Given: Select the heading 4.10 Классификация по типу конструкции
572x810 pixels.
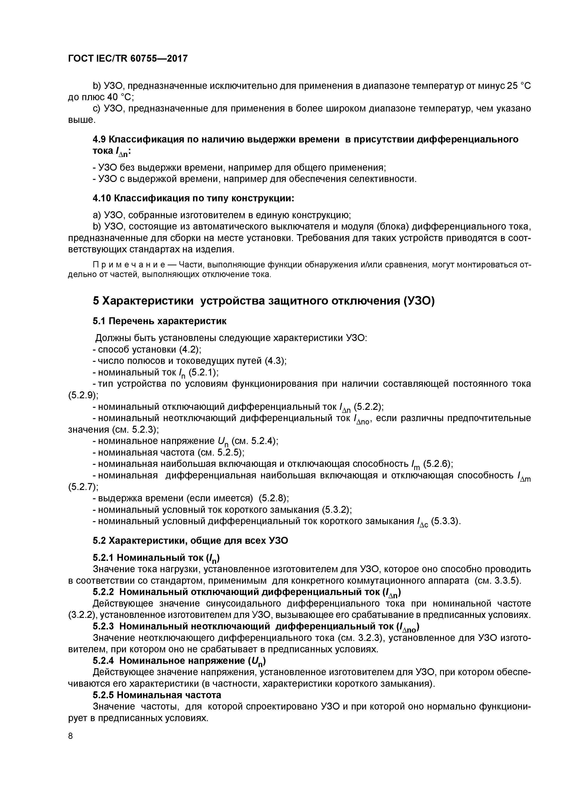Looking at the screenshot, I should [193, 198].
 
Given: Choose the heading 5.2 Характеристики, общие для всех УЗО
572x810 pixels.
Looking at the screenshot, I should [190, 541].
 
